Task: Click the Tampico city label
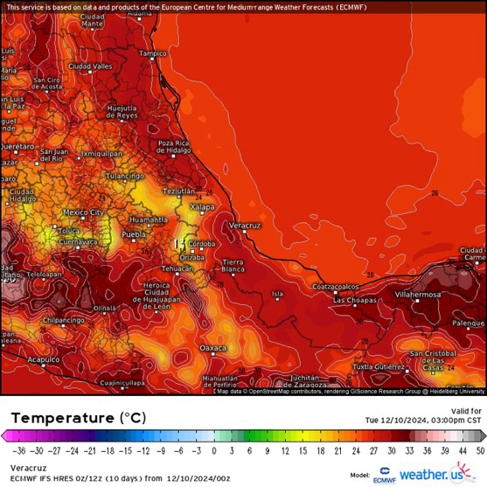152,53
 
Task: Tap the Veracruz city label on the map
246,226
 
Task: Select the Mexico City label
84,212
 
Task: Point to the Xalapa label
202,206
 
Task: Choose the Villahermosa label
419,296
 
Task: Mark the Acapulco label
43,359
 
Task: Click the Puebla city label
133,235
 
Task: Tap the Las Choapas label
353,301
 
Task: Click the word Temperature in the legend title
61,418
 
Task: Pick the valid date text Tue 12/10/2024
410,420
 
